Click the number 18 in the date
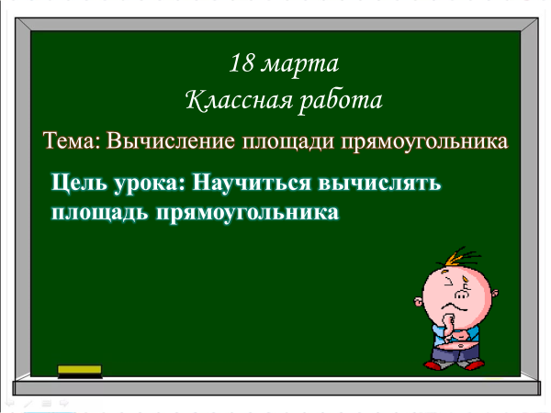click(x=242, y=63)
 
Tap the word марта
click(x=300, y=65)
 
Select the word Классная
click(x=239, y=100)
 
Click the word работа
click(x=341, y=101)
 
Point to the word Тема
click(x=72, y=140)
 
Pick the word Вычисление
click(x=171, y=140)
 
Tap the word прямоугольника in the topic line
click(x=424, y=142)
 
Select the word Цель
click(x=79, y=183)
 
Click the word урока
click(x=150, y=184)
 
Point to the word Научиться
click(x=252, y=183)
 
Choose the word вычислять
click(x=379, y=183)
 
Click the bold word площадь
click(x=100, y=213)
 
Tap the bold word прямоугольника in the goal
click(x=247, y=213)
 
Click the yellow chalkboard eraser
click(x=80, y=372)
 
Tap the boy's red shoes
click(x=454, y=365)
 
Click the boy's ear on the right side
click(x=494, y=293)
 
